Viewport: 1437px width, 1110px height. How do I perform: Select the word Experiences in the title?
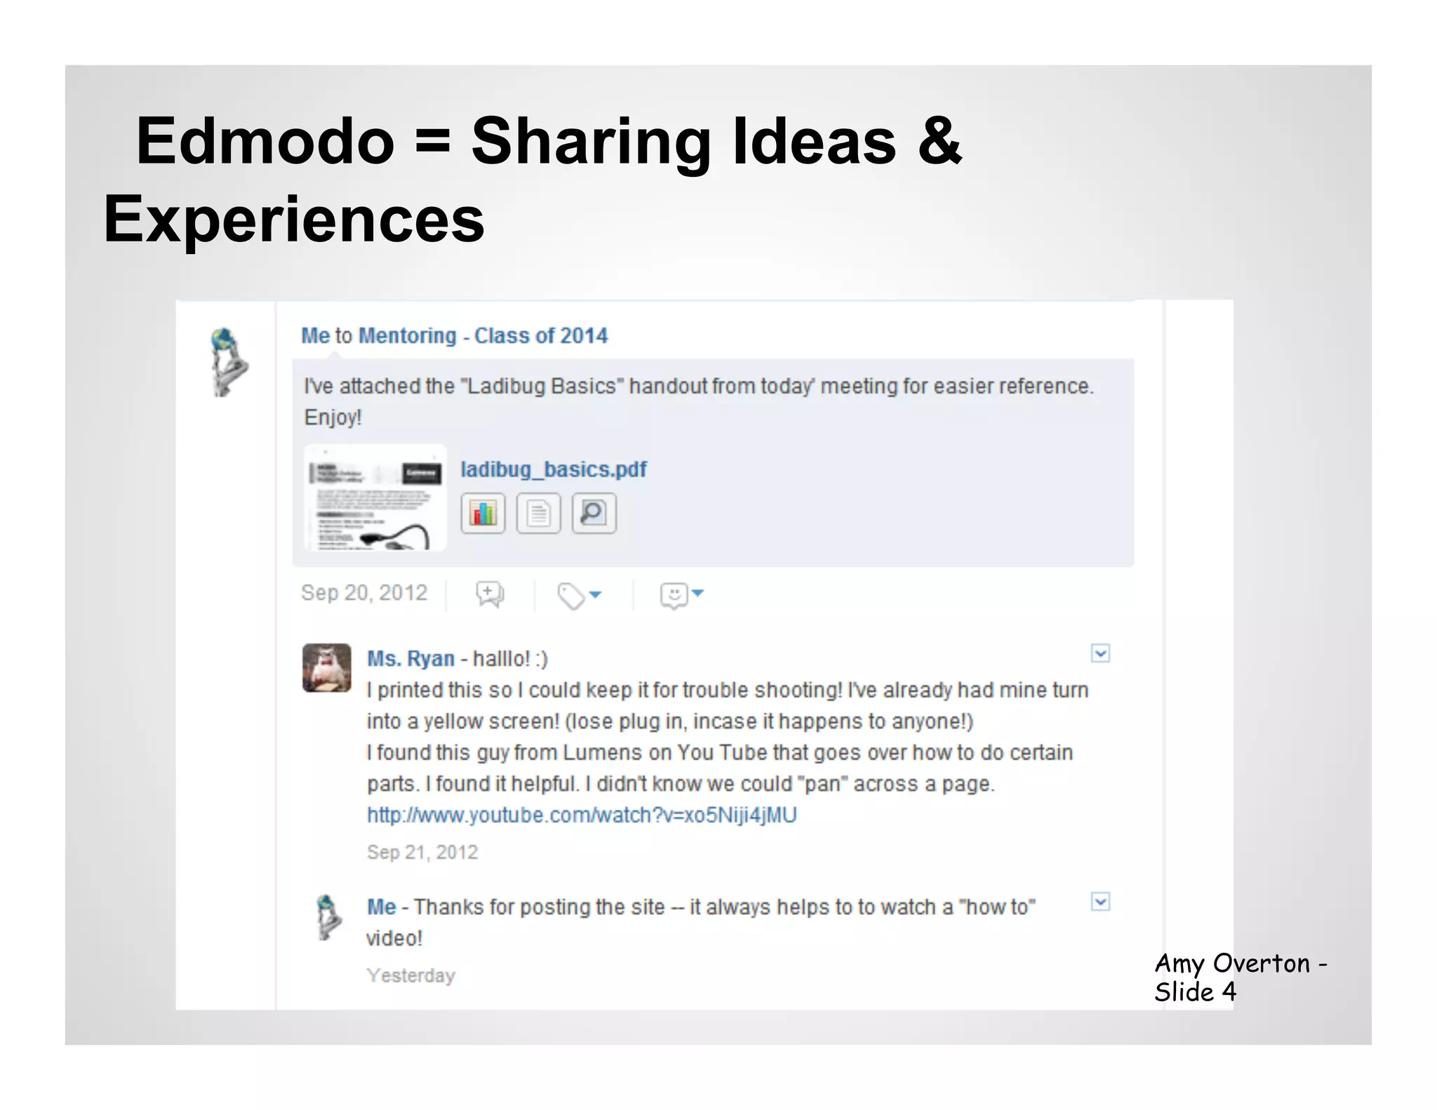[294, 220]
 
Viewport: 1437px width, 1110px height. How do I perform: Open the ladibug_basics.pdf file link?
[553, 469]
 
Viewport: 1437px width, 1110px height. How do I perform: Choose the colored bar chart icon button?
[483, 514]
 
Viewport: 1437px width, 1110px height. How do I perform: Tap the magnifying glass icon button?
[594, 514]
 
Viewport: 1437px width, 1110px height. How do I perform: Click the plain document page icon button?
[538, 514]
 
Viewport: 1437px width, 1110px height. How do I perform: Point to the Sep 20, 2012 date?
[364, 594]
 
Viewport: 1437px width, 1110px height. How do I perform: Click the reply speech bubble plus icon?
[489, 594]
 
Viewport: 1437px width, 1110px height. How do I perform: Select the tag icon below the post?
[571, 596]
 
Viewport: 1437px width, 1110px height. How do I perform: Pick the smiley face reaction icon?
[674, 596]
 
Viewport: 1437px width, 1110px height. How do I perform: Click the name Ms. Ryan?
[411, 659]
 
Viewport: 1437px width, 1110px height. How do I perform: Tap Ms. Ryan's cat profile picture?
[327, 668]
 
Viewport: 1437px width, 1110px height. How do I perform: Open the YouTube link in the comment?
[582, 815]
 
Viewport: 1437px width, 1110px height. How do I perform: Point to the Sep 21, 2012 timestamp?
[422, 852]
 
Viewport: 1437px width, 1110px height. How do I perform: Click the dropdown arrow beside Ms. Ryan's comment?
[1100, 654]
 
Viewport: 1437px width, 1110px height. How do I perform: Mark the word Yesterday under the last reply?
[411, 976]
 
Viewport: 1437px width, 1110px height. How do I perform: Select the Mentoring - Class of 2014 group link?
[483, 336]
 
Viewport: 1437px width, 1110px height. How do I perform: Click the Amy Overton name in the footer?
[1232, 964]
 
